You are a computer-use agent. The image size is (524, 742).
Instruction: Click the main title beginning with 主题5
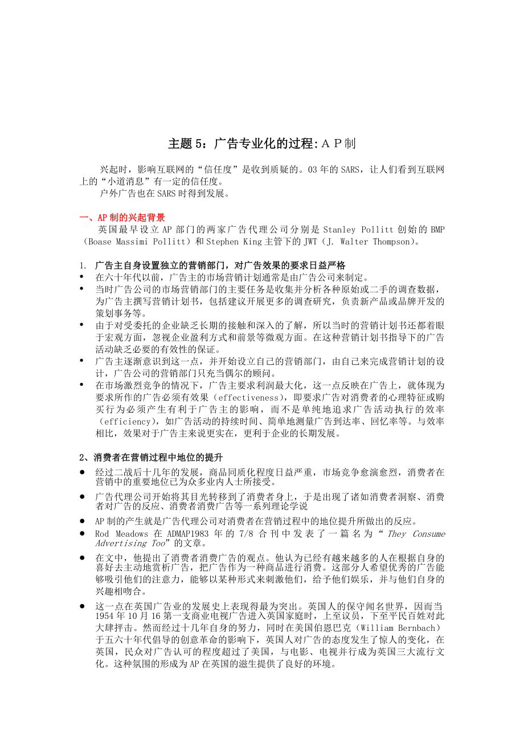(261, 144)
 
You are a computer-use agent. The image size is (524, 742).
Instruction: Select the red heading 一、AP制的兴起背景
(122, 218)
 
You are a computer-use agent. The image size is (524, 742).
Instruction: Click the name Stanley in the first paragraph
(340, 230)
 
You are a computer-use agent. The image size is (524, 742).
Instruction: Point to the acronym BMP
(436, 230)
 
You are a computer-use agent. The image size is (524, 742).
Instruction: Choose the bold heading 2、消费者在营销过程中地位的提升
(151, 457)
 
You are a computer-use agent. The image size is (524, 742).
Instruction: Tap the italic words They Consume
(416, 534)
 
